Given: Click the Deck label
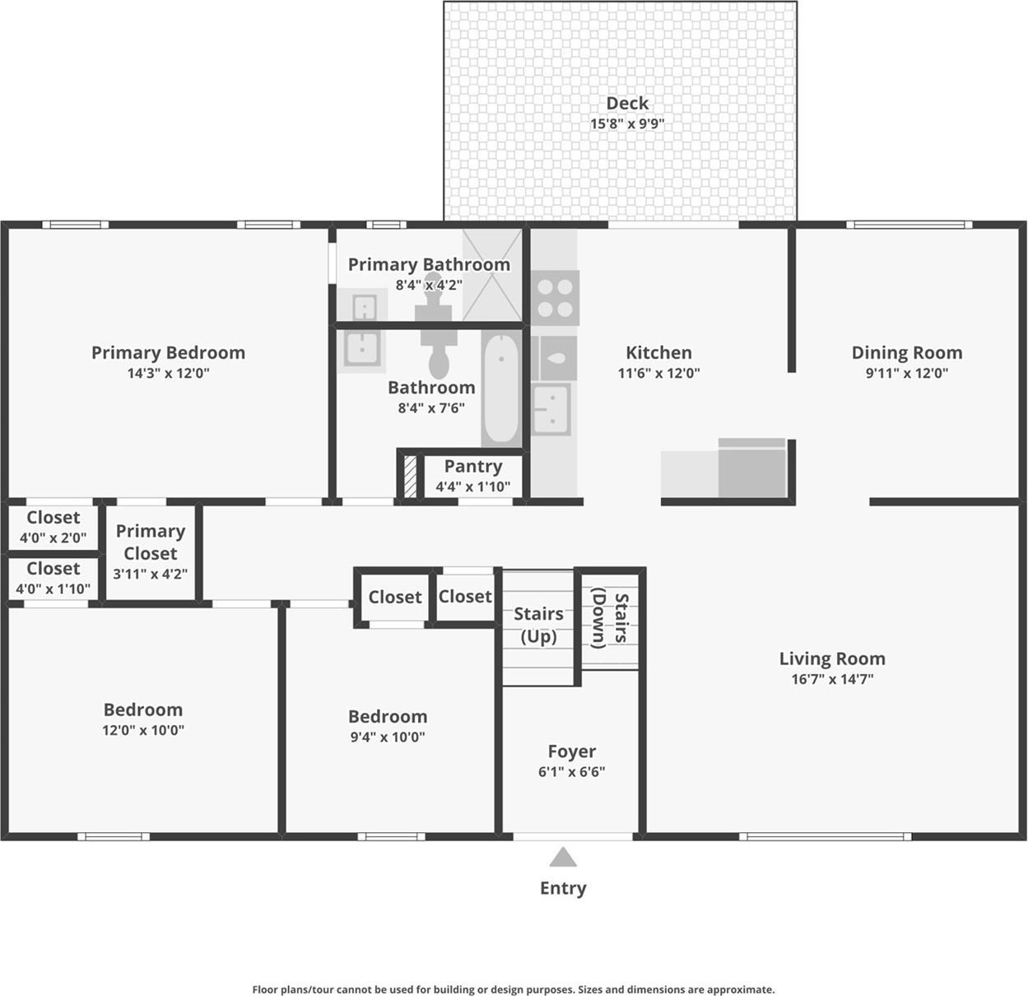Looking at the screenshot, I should click(627, 103).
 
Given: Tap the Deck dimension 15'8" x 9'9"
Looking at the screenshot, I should click(627, 124).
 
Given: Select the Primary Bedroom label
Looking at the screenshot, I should click(168, 352).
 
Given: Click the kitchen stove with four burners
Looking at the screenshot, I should click(555, 298).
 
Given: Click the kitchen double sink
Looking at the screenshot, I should click(551, 409).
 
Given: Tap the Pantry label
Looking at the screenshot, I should click(472, 467).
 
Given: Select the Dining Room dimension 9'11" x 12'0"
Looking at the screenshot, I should click(906, 373).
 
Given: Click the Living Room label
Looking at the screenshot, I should click(832, 659).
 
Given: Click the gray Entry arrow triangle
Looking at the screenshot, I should click(563, 858).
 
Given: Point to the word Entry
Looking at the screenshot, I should click(563, 888).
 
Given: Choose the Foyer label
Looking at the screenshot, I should click(571, 752).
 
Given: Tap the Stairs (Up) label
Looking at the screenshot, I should click(538, 625).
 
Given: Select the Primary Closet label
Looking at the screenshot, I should click(150, 542).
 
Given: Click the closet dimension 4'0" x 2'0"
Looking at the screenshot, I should click(53, 538).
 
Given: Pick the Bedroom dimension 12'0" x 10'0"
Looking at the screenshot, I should click(142, 730).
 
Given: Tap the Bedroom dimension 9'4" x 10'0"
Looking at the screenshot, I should click(387, 738).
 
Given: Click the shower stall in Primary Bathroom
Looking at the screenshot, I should click(493, 275).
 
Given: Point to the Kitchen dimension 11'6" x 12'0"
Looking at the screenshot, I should click(658, 373).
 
